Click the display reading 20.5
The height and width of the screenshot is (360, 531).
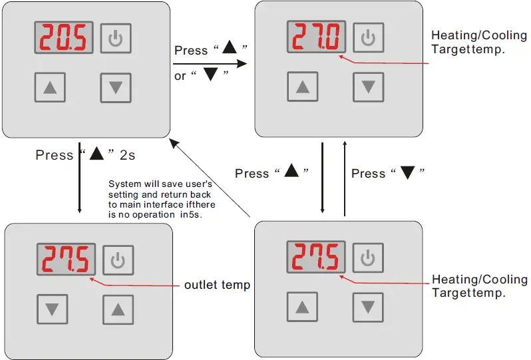[x=64, y=37]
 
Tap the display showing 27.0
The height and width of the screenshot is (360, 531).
[x=316, y=37]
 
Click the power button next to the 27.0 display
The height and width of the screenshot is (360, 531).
[x=369, y=37]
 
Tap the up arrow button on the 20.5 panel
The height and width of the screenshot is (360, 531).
[x=50, y=87]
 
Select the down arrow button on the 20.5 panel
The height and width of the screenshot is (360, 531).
[x=116, y=88]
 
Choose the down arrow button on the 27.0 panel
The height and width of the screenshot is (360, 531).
[x=369, y=87]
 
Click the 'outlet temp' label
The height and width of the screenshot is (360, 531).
[x=217, y=285]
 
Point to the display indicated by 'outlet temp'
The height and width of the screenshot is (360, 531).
[x=66, y=259]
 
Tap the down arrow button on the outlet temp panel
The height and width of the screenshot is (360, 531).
[x=52, y=309]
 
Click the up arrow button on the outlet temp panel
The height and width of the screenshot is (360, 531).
[x=118, y=309]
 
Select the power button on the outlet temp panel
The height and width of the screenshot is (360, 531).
[x=118, y=260]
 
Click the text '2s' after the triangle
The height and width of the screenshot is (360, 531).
[x=127, y=156]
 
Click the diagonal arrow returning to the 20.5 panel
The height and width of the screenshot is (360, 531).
[x=210, y=178]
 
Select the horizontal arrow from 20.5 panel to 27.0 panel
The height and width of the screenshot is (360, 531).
[x=210, y=64]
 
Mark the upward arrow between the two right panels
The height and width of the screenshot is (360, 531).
[x=345, y=178]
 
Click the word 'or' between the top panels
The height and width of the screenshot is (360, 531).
[x=180, y=77]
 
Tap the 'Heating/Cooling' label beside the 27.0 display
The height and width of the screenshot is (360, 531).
[x=479, y=35]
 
